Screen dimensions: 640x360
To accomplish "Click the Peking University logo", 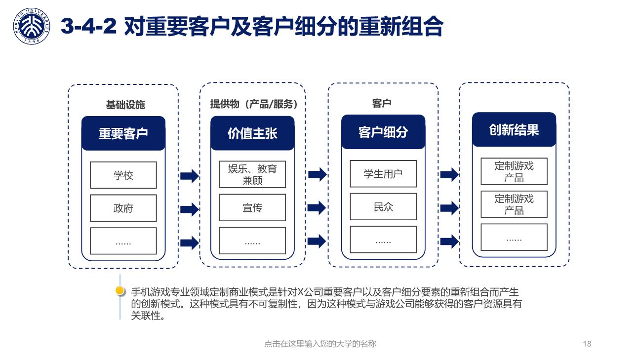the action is [32, 26].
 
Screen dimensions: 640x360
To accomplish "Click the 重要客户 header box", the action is [123, 133].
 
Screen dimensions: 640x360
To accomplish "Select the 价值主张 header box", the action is [252, 133].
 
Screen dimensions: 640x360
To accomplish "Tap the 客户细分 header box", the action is [383, 132].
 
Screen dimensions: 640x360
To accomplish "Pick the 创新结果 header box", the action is [514, 129].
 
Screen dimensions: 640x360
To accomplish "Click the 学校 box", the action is [123, 175].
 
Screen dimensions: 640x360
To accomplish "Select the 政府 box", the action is [123, 208].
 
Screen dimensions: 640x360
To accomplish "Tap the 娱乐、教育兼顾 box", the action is [252, 174].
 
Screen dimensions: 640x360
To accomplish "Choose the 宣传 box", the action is [252, 207].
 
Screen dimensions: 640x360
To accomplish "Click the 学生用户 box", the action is [383, 174].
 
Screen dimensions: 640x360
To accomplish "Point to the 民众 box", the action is [383, 206].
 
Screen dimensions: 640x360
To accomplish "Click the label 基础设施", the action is [125, 105].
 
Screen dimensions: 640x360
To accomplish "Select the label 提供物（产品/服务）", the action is [254, 104].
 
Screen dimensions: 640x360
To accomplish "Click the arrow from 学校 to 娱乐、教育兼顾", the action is [190, 176].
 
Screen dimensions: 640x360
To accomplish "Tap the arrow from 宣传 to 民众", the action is [317, 207].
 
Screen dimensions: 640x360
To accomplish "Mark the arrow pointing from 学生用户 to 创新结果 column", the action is [449, 175].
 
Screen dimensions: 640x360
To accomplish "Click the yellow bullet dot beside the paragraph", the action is [120, 290].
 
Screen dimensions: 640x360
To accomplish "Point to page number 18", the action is [587, 344].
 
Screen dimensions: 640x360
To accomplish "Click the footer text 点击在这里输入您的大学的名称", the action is [320, 344].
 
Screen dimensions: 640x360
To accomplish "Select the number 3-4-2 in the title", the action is [88, 26].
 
